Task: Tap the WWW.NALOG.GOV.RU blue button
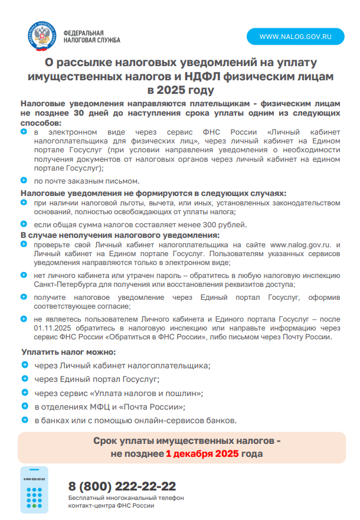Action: (x=296, y=36)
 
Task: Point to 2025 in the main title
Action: (x=171, y=90)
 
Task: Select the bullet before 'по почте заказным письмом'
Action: (x=24, y=179)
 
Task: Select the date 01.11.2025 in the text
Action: (x=55, y=328)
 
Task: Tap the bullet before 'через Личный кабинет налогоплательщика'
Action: (x=24, y=365)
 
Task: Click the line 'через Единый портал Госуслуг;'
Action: (x=97, y=379)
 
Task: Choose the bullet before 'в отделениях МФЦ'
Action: (x=24, y=406)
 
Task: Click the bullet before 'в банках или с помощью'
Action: (x=24, y=420)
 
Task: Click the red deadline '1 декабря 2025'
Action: (x=202, y=454)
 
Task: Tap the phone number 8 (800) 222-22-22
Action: (x=122, y=486)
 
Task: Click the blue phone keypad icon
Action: (x=34, y=490)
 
